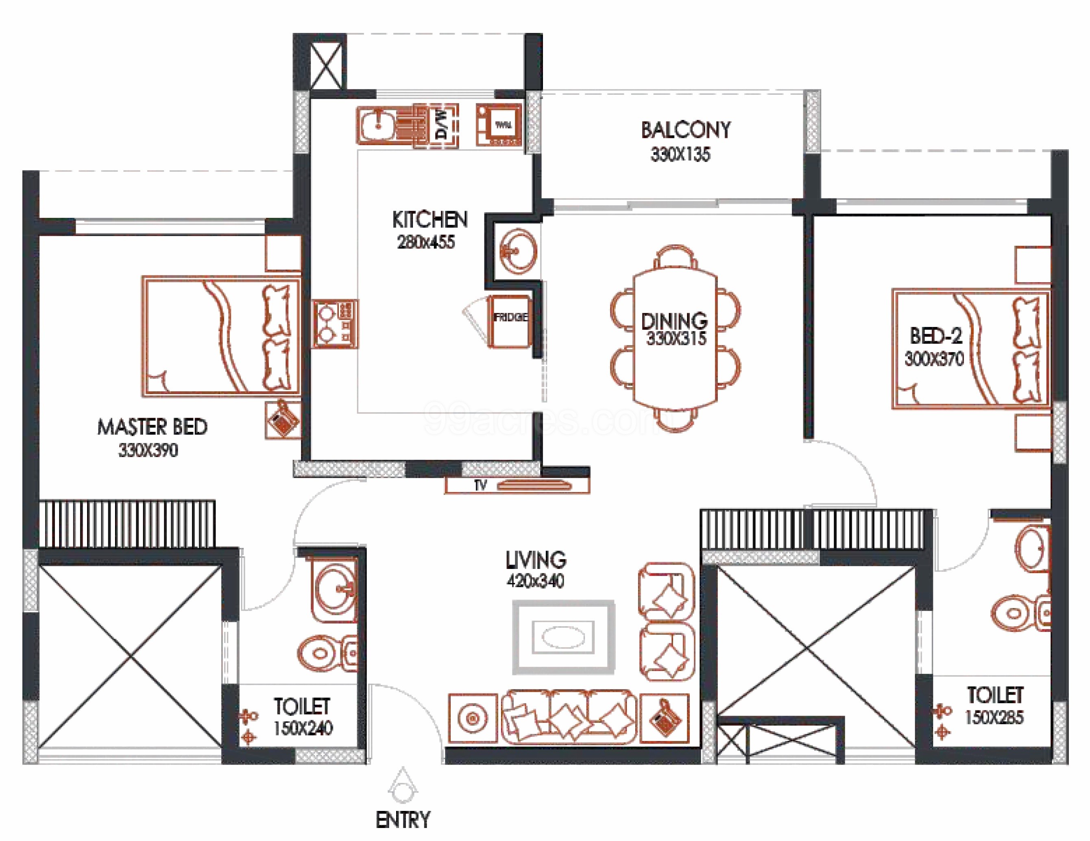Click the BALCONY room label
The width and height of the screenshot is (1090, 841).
pos(685,130)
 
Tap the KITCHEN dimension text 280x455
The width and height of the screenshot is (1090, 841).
pos(426,242)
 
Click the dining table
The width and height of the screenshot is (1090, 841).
pos(675,338)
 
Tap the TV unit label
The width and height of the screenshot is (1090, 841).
pos(480,485)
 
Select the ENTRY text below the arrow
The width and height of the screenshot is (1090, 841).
pos(402,820)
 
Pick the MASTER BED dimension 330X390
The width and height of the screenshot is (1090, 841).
pos(148,451)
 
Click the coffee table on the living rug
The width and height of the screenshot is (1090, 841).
pos(563,637)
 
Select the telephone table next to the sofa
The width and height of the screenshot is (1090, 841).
pos(664,718)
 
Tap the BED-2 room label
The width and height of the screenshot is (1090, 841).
pos(936,336)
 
